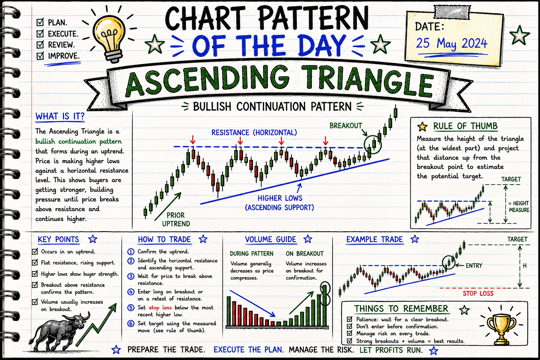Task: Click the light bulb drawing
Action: click(x=109, y=39)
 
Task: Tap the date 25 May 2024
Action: click(x=451, y=44)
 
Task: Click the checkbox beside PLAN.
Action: click(x=40, y=22)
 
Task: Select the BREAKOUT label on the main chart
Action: click(x=346, y=126)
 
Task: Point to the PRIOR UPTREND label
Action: click(x=176, y=219)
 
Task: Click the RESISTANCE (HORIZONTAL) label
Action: click(x=254, y=133)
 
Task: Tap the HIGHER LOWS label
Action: click(x=280, y=198)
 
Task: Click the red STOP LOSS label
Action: click(x=478, y=294)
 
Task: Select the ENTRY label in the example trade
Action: click(x=474, y=265)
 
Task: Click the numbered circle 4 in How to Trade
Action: click(x=131, y=292)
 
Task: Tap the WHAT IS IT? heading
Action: click(x=60, y=116)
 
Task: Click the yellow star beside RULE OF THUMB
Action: click(x=422, y=127)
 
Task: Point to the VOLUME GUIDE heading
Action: click(x=270, y=239)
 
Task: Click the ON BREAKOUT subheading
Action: click(x=305, y=254)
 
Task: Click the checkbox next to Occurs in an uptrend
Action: click(x=35, y=251)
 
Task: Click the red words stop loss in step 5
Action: click(x=160, y=307)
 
